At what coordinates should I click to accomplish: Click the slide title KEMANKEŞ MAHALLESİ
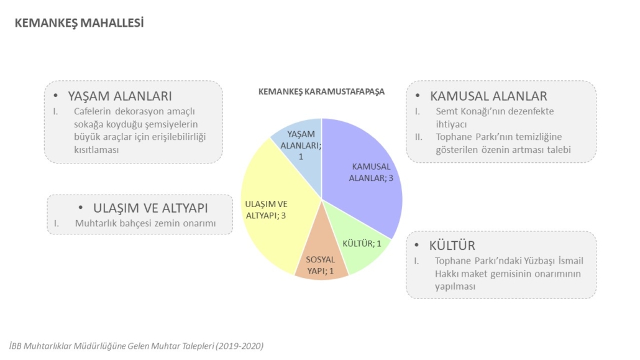tap(79, 23)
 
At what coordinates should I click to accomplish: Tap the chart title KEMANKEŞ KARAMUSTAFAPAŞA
tap(322, 91)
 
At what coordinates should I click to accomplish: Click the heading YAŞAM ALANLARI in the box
tap(119, 96)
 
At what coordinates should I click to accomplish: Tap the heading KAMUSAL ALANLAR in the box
tap(488, 96)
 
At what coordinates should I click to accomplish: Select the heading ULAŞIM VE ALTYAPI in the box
tap(150, 208)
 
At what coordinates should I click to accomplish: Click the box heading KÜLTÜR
tap(452, 246)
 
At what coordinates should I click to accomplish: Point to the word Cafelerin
tap(93, 111)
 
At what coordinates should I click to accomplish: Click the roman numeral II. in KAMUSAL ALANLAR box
tap(419, 137)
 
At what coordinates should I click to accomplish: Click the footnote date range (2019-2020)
tap(240, 346)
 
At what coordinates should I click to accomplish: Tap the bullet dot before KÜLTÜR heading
tap(417, 245)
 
